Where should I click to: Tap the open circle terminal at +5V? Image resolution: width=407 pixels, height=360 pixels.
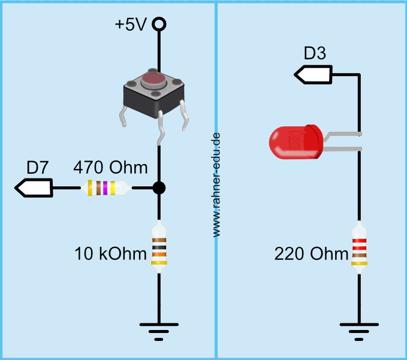159,25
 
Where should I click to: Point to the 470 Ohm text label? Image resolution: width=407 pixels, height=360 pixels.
110,167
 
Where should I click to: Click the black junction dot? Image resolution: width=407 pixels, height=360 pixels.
159,188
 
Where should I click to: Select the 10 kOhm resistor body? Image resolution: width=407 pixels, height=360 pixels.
159,247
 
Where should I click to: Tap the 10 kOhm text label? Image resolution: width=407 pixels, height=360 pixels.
110,254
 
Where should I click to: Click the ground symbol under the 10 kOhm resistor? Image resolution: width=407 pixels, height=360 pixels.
159,330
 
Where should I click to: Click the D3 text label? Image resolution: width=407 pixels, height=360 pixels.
315,54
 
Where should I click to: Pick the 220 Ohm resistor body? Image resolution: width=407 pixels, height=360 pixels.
358,247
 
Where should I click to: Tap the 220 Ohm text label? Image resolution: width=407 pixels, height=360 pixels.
311,254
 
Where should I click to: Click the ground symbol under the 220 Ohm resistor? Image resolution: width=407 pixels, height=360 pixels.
358,330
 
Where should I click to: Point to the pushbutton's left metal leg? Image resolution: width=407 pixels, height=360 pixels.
123,116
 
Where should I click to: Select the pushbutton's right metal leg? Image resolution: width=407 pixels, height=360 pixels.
186,115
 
